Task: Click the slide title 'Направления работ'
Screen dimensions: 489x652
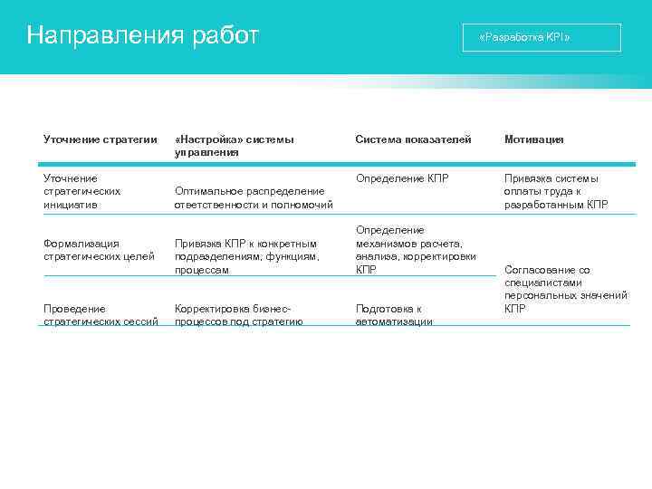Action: (x=143, y=36)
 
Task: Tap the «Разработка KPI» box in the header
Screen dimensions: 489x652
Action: (x=542, y=38)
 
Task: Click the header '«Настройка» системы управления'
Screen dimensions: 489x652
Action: (x=234, y=146)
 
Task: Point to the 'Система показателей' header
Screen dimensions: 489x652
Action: (x=413, y=139)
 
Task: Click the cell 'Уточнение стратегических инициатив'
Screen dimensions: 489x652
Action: (x=82, y=191)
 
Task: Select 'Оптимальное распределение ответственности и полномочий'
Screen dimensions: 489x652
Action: (x=254, y=197)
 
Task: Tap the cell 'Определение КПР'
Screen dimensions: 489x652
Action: (x=402, y=178)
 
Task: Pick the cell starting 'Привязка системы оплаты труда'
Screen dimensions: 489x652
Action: (x=557, y=191)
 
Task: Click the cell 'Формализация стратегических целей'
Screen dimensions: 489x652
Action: (x=93, y=249)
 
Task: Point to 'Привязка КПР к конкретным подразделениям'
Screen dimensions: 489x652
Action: (x=246, y=256)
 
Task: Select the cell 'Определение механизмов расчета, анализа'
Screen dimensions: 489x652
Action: (x=416, y=250)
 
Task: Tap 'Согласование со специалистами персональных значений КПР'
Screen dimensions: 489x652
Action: (x=565, y=289)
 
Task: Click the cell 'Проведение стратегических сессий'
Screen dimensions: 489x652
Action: (x=101, y=314)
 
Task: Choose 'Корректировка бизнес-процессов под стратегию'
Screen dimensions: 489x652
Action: (x=238, y=314)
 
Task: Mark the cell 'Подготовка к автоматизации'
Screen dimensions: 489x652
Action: (x=394, y=314)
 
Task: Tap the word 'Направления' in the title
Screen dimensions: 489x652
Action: (x=105, y=36)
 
